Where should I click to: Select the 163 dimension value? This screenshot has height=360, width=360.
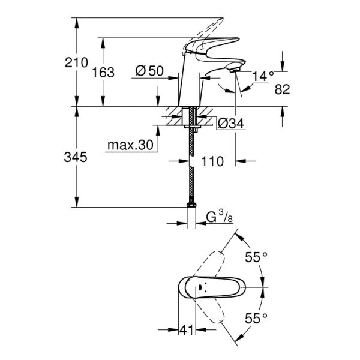(x=103, y=73)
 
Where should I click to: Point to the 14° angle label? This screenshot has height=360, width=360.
(x=263, y=76)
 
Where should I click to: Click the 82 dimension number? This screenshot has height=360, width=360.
(x=282, y=89)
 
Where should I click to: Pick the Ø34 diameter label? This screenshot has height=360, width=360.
(x=230, y=124)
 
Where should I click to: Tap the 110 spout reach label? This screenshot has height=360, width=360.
(x=213, y=161)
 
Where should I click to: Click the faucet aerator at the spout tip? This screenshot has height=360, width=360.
(x=235, y=70)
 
